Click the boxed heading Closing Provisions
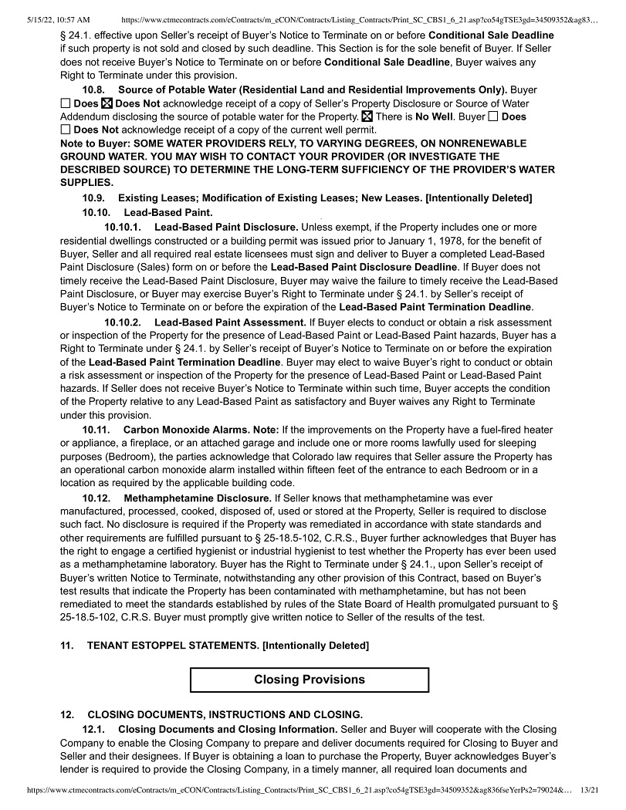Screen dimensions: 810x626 tap(310, 680)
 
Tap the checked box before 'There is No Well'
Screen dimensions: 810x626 tap(367, 116)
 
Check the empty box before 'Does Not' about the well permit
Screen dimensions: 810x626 tap(66, 130)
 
